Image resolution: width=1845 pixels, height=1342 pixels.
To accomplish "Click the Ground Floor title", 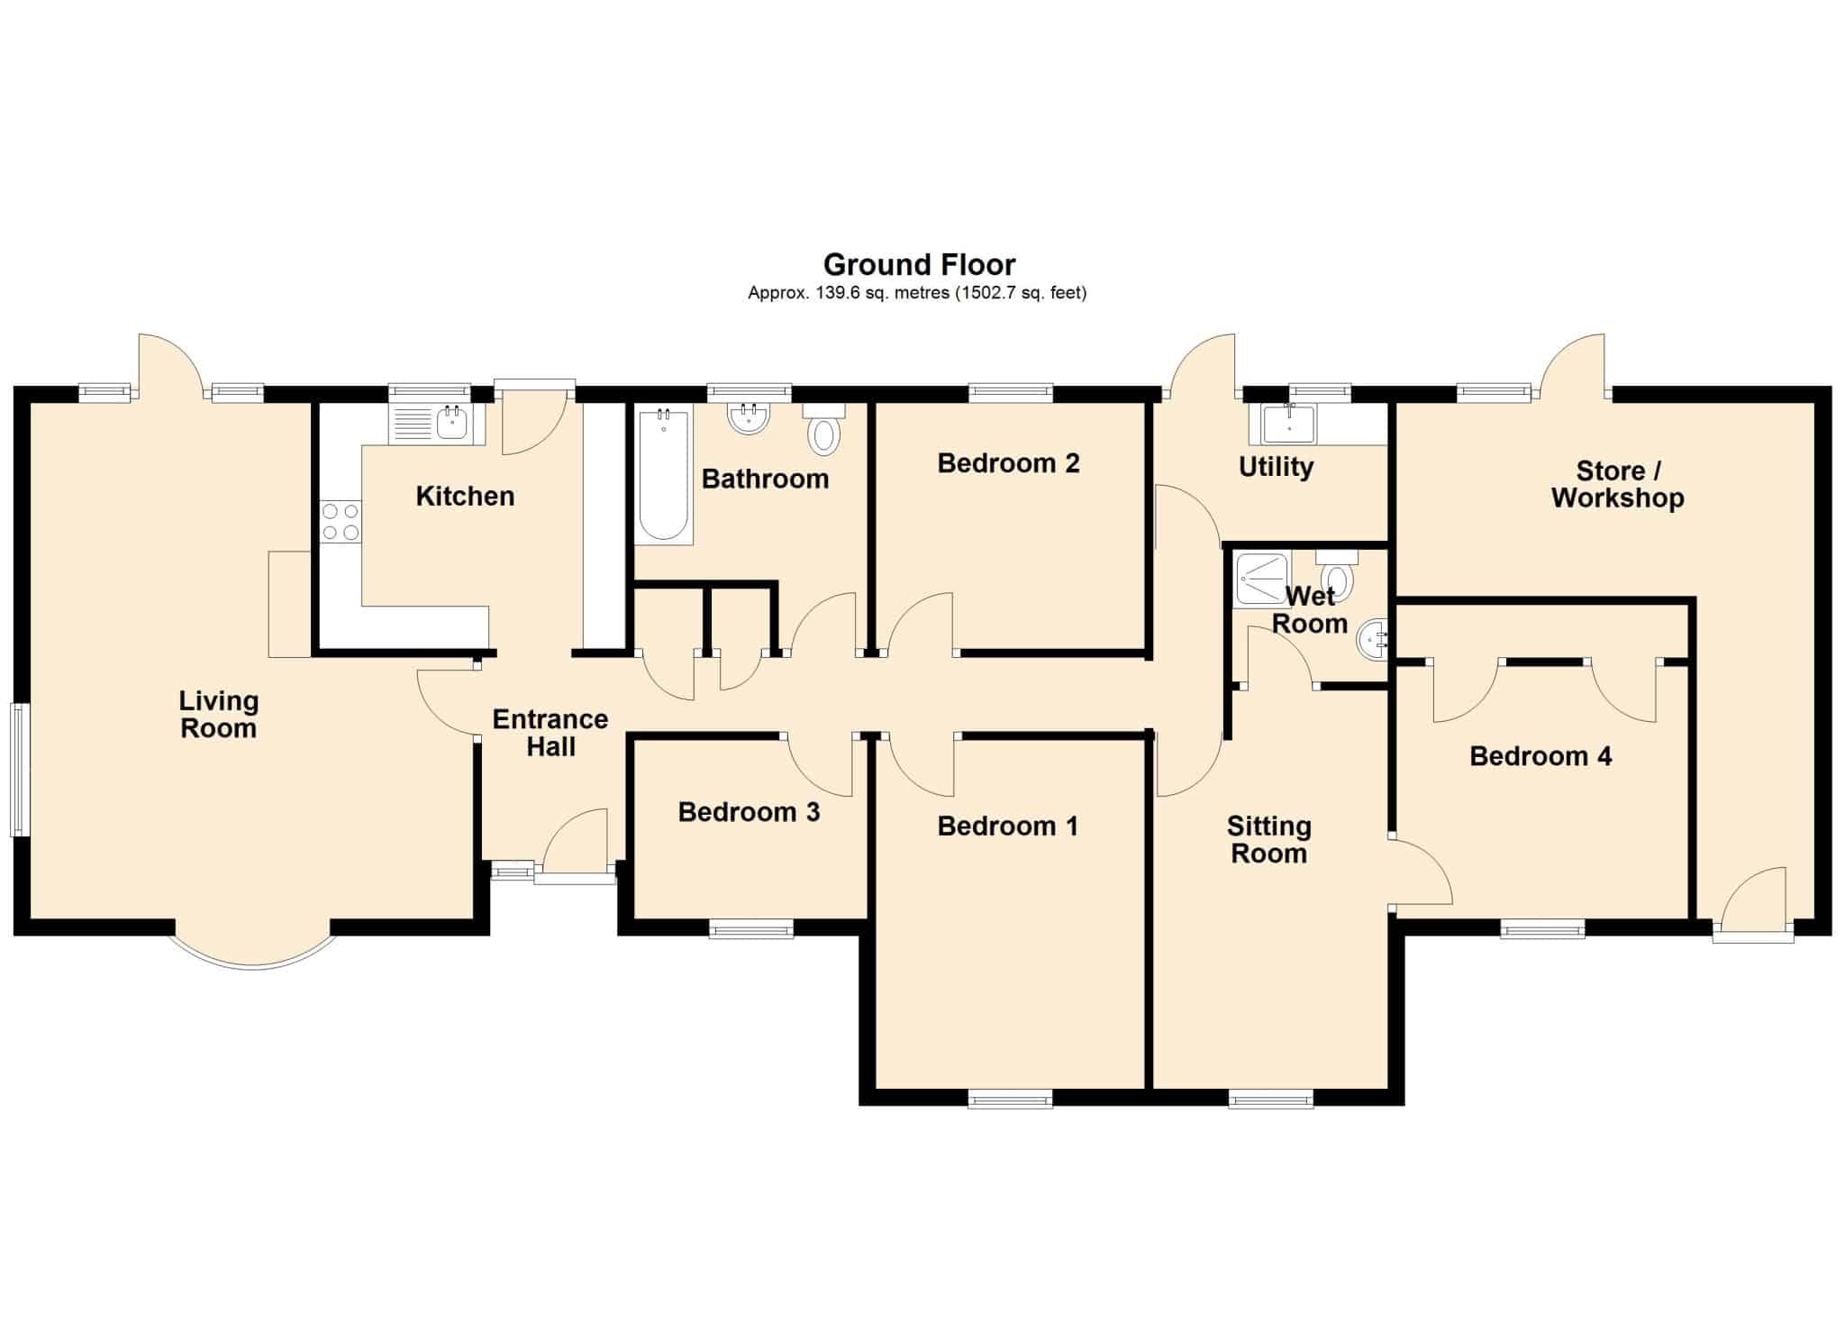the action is pos(919,264).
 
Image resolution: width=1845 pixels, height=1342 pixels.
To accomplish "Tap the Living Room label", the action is pos(219,714).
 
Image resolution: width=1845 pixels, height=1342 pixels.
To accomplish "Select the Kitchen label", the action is pos(465,496).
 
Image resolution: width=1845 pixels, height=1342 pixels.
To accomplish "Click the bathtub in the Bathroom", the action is pos(664,475).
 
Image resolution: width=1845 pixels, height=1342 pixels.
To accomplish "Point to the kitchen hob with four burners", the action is pos(341,522).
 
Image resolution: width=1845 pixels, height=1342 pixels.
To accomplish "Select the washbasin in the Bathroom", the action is pos(749,417).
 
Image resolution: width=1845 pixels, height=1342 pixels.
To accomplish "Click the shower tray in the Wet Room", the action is pos(1262,579).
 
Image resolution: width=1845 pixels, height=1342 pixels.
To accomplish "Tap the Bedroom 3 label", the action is pos(749,812).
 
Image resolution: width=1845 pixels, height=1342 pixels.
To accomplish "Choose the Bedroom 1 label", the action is pos(1007,826).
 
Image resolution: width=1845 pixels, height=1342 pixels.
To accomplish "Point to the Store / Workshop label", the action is pos(1617,484).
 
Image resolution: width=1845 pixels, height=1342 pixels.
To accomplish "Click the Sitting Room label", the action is pos(1268,839).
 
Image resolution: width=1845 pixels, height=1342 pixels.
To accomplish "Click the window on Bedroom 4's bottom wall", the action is pos(1542,928).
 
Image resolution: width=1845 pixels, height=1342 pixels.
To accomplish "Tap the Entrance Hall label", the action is pos(550,733).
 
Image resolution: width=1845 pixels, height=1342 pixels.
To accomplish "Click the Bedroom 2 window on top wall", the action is pos(1011,392).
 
